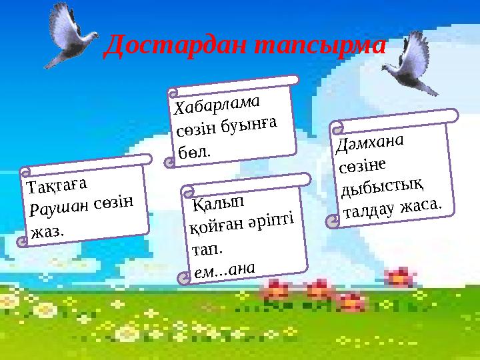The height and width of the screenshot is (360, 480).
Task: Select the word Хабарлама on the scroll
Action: pyautogui.click(x=217, y=105)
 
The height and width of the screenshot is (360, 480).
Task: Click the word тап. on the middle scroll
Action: pyautogui.click(x=207, y=249)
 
